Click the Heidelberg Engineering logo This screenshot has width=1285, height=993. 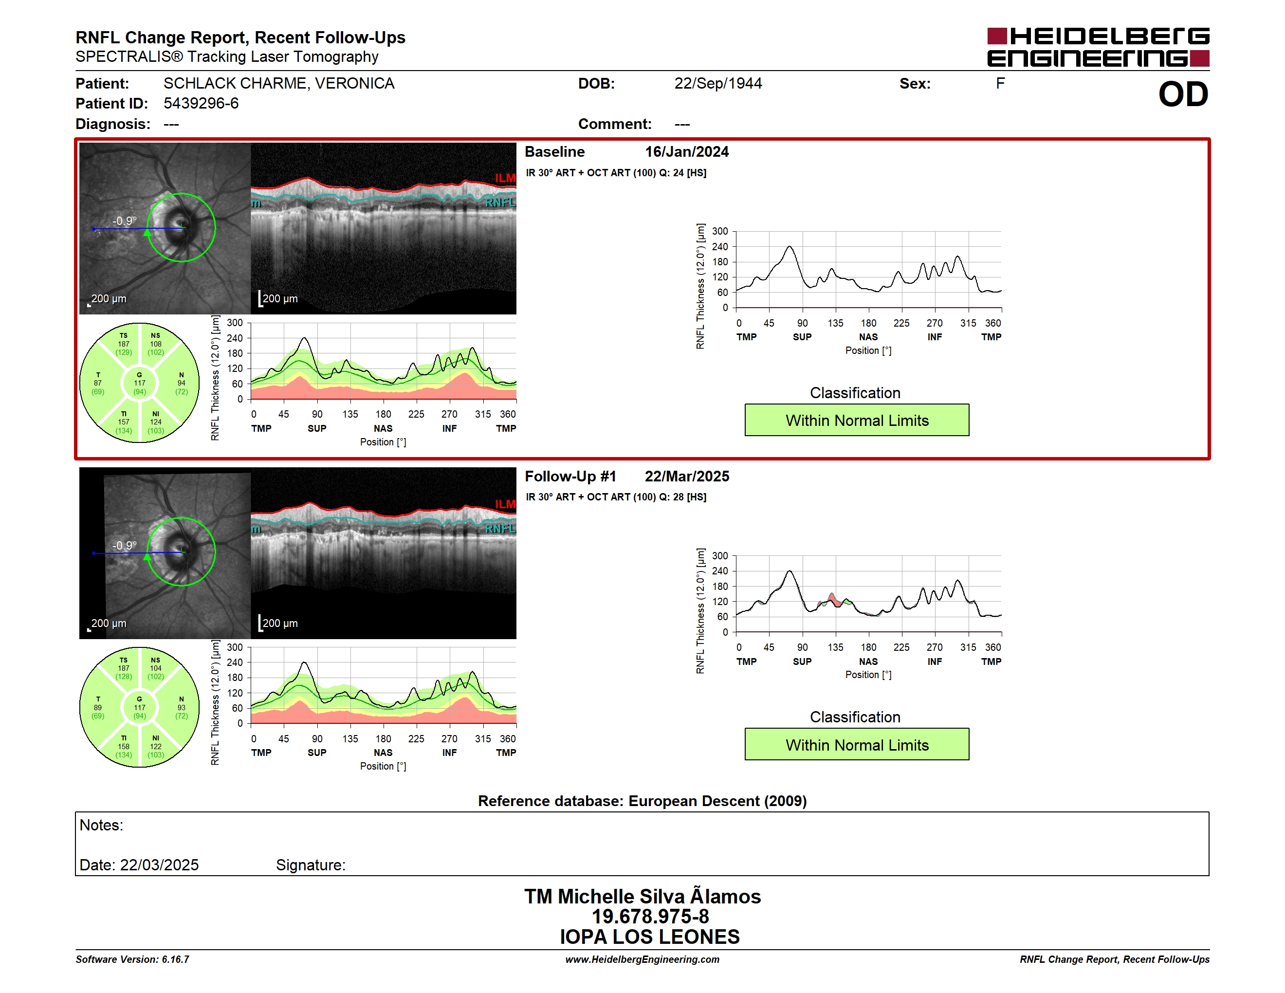click(x=1098, y=47)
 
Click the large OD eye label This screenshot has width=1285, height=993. click(x=1183, y=95)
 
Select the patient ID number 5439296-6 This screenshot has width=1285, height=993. click(x=201, y=104)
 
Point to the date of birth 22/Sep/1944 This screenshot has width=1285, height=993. click(x=718, y=84)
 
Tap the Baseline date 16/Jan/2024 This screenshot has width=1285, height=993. click(x=687, y=152)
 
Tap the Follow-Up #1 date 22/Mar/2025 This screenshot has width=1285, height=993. click(x=687, y=477)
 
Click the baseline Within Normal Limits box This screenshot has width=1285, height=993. click(x=857, y=420)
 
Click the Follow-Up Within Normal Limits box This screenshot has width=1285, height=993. click(x=857, y=745)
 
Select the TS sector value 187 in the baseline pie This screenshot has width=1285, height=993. click(x=124, y=344)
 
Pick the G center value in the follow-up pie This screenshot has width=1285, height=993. click(x=139, y=708)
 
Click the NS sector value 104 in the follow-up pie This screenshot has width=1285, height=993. click(x=155, y=668)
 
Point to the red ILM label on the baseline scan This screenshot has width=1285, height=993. click(x=505, y=178)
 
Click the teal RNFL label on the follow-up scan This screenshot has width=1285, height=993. click(x=500, y=529)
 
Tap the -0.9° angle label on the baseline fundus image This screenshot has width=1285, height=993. click(x=124, y=221)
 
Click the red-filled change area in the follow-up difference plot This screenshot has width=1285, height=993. click(x=833, y=600)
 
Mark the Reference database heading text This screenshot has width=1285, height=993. click(x=642, y=801)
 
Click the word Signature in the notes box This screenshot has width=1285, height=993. click(x=311, y=865)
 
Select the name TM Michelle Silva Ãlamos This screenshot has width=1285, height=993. click(x=642, y=896)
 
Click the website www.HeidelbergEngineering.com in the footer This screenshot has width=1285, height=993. click(x=642, y=959)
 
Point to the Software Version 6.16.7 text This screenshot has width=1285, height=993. click(x=132, y=959)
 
